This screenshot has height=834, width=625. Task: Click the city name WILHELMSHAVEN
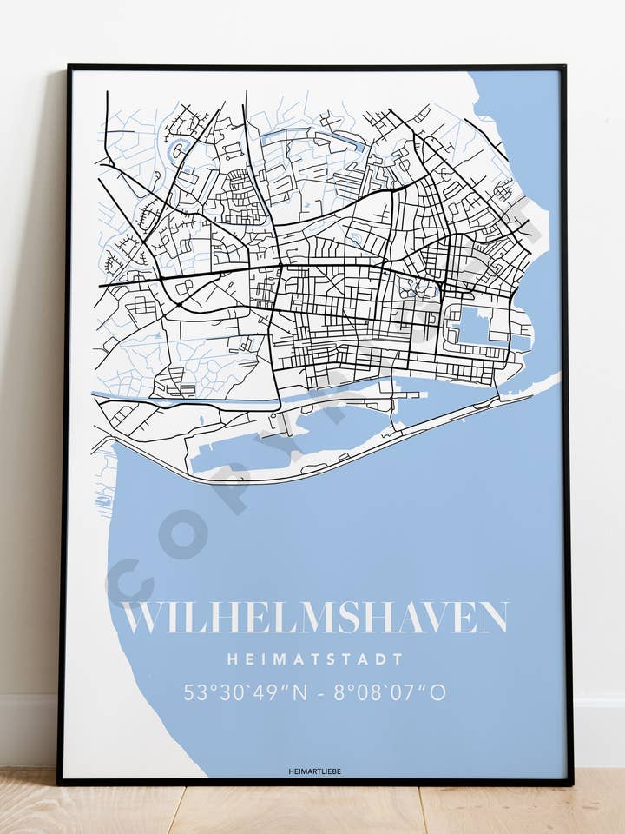[x=314, y=617]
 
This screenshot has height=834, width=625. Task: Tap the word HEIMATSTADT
[x=315, y=659]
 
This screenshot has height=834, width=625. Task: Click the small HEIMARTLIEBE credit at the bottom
[x=314, y=771]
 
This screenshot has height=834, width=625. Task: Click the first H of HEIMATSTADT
[x=233, y=659]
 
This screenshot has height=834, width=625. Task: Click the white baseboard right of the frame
[x=599, y=730]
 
